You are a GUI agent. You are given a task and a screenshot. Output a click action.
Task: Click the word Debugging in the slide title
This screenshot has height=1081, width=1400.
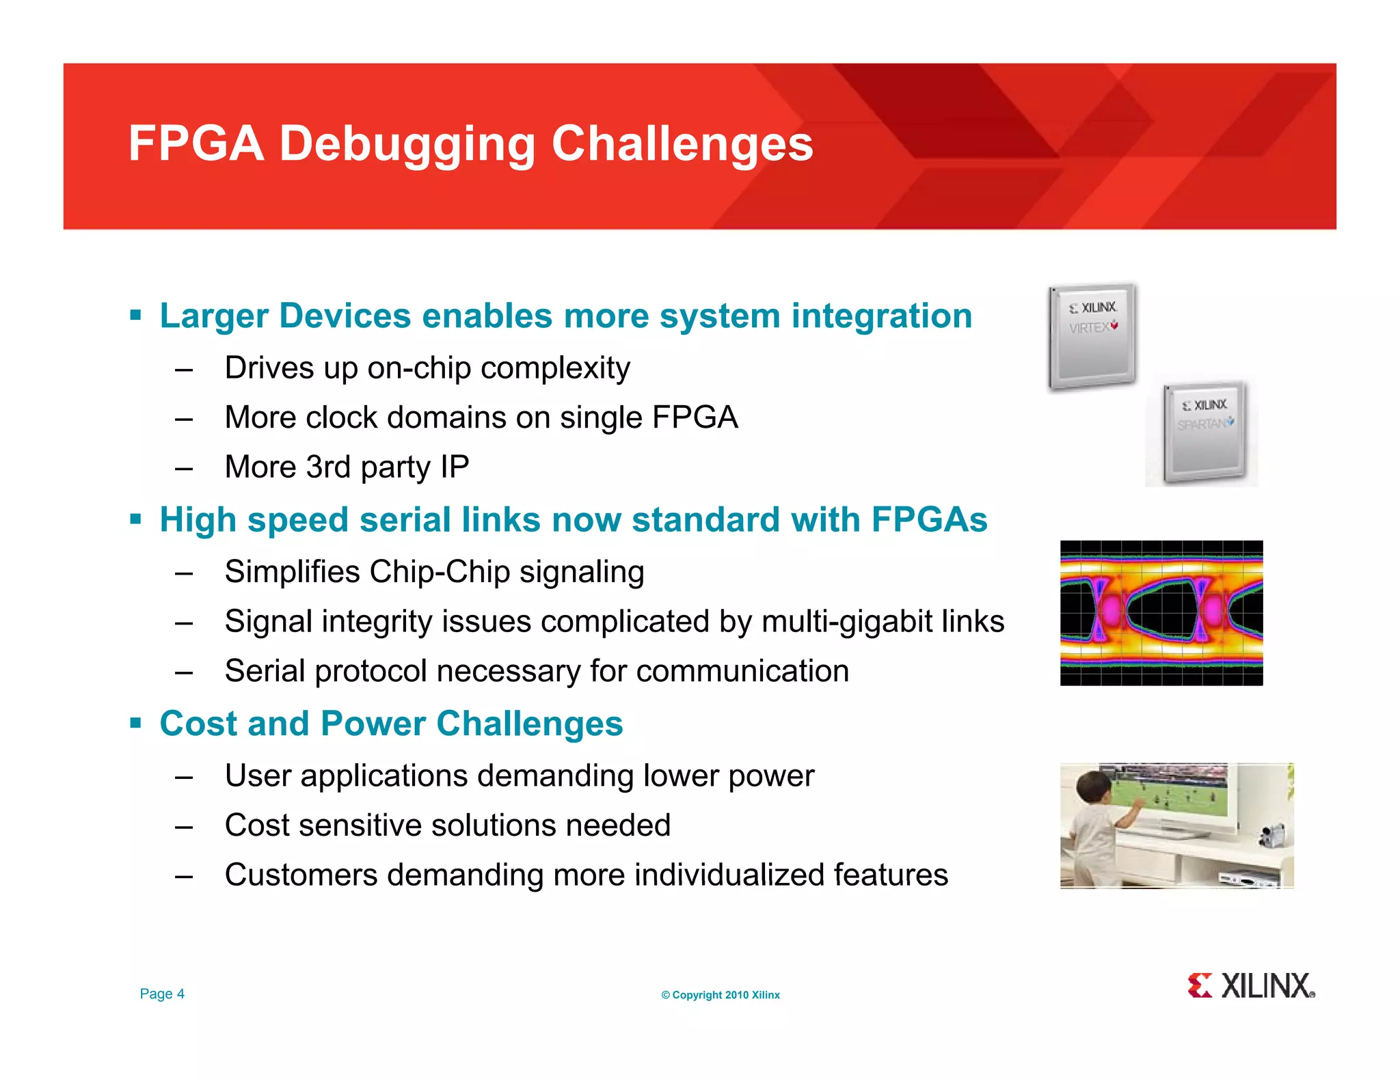[x=407, y=145]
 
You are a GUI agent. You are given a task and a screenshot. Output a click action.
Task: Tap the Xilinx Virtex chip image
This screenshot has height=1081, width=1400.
[x=1092, y=337]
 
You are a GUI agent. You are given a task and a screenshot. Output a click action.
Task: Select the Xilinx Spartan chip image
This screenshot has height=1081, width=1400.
[x=1204, y=433]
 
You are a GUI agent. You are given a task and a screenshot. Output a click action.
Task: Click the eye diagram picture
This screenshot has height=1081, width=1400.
[x=1161, y=613]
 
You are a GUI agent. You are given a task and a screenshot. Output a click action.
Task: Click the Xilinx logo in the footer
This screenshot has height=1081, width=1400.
[x=1251, y=986]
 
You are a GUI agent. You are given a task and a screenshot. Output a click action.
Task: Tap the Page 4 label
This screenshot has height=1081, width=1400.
[x=162, y=994]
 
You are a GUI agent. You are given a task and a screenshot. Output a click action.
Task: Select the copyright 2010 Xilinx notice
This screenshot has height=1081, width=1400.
[x=720, y=995]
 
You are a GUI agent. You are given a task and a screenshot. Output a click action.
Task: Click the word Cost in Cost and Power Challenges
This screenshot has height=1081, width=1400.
[x=198, y=724]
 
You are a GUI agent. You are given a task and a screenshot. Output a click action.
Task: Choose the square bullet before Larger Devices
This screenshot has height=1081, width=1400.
[x=135, y=316]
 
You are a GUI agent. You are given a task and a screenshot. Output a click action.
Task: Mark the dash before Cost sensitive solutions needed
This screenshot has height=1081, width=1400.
[x=183, y=827]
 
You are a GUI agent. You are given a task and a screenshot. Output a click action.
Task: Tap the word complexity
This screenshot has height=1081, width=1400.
[x=555, y=368]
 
